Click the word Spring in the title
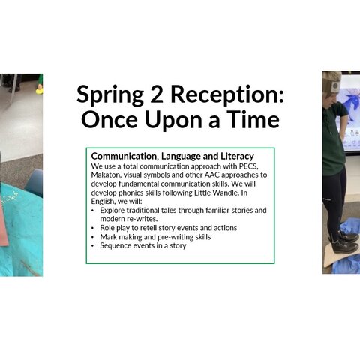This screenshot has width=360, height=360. click(110, 94)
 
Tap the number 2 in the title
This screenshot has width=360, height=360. click(157, 94)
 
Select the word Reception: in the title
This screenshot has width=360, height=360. click(227, 95)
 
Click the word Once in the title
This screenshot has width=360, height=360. click(109, 119)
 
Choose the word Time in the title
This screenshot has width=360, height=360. click(253, 119)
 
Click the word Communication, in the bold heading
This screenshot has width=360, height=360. click(125, 157)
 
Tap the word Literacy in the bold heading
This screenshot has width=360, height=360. click(237, 157)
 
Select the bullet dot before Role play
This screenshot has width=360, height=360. click(93, 228)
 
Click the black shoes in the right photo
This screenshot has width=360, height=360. click(346, 242)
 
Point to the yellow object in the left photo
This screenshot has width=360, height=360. click(39, 91)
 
